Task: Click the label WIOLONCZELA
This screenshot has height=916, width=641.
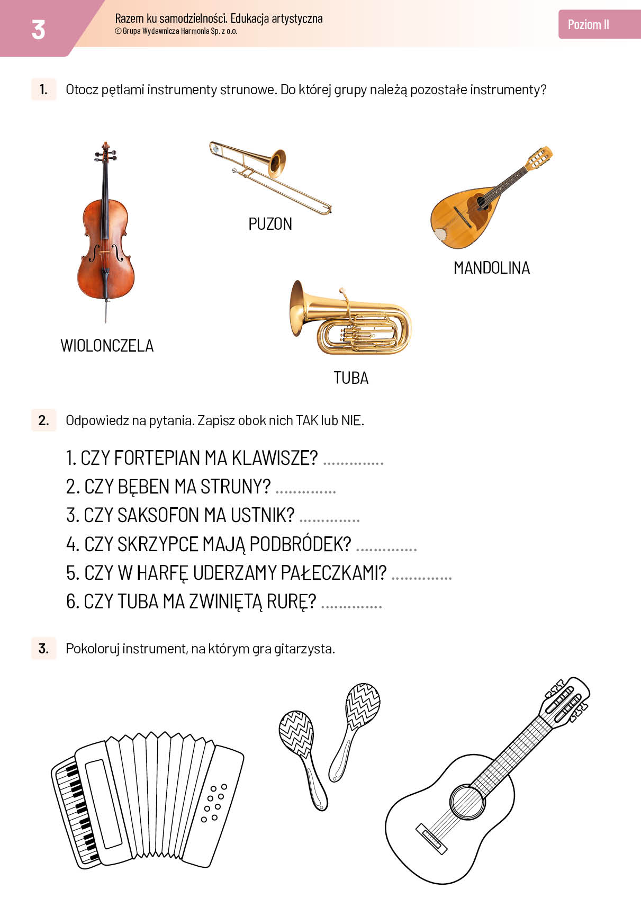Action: click(107, 346)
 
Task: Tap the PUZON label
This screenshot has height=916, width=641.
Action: click(270, 224)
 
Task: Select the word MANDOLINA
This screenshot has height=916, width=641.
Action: click(492, 268)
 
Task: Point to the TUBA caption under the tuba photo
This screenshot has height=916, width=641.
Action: click(351, 378)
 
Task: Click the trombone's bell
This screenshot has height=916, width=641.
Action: click(277, 163)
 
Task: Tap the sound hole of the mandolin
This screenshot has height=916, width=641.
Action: click(481, 202)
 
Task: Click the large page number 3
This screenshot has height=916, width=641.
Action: click(38, 30)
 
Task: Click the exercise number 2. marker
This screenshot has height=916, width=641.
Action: click(43, 420)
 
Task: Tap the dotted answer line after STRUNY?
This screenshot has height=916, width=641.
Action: click(306, 492)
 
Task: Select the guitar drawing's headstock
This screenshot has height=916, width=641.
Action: click(566, 701)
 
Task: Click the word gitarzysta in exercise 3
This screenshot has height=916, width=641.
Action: click(304, 649)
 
